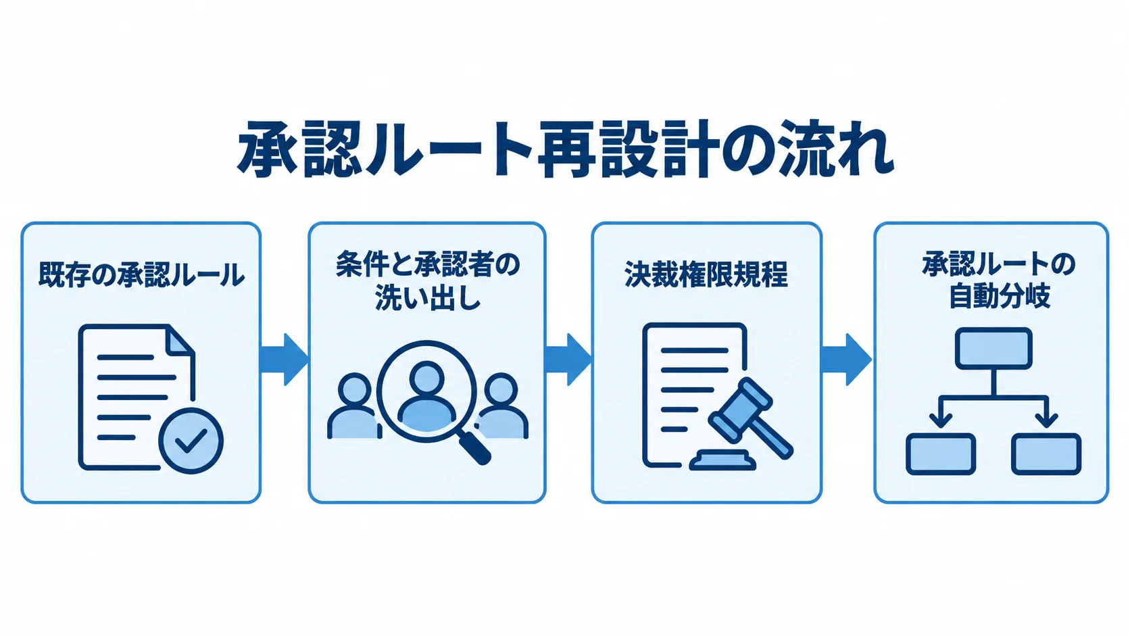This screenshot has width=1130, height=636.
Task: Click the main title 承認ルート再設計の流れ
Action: pos(566,149)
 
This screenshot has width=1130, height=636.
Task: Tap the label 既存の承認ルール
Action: pos(141,275)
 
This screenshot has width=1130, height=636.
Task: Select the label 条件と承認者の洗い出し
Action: pos(427,281)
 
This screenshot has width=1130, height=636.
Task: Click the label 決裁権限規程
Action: pos(706,274)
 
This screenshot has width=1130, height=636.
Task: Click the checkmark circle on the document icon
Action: pos(191,440)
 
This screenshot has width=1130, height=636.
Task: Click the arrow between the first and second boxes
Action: pos(284,360)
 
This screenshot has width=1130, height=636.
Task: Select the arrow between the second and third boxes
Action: pos(568,360)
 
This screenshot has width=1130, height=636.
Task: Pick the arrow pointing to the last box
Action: pos(847,360)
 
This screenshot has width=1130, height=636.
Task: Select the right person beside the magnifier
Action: pos(502,406)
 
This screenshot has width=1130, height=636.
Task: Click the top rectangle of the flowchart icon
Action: pos(993,348)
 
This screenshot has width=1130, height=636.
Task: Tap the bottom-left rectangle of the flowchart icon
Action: pos(941,454)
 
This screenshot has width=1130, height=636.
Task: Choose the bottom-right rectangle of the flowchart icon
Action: pos(1046,454)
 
